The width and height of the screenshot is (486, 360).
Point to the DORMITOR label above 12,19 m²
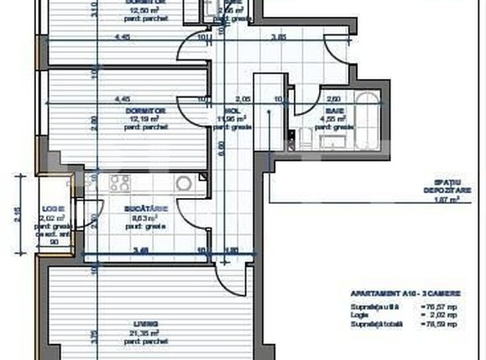tap(148, 110)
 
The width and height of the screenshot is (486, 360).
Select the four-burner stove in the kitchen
tap(120, 183)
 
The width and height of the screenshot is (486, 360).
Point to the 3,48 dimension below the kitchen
tap(142, 249)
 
